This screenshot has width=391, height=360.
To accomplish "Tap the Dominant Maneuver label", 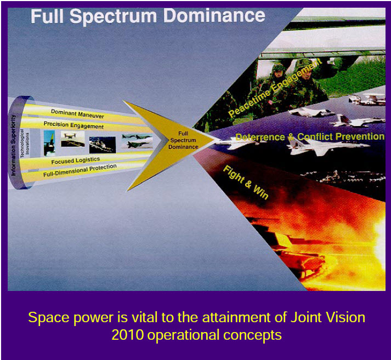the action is pos(77,114).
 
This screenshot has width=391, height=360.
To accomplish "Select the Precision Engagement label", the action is pos(73,125).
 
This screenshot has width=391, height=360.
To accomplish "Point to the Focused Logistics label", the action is pos(76,161).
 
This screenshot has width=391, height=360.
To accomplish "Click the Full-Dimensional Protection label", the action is pos(80,170).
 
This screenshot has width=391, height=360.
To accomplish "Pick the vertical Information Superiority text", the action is pos(14,145).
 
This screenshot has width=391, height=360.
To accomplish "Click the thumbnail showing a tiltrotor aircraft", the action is pos(72,139).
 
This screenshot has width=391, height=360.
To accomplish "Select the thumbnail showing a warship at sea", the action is pos(103,145).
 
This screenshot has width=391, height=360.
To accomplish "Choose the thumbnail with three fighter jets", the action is pos(137,141).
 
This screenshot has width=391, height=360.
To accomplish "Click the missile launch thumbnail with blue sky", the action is pos(49,144).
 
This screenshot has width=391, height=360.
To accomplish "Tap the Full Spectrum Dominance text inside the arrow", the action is pos(183,140).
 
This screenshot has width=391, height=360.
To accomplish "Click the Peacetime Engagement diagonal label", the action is pos(275,88).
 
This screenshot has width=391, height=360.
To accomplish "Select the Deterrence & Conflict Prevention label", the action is pos(310,137).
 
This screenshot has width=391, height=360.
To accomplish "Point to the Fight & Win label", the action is pos(246,182).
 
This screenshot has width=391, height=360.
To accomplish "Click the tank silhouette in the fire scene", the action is pos(299,259).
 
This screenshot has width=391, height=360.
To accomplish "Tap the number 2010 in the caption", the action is pos(127,335).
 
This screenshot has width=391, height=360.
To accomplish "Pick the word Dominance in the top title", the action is pos(214,16).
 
